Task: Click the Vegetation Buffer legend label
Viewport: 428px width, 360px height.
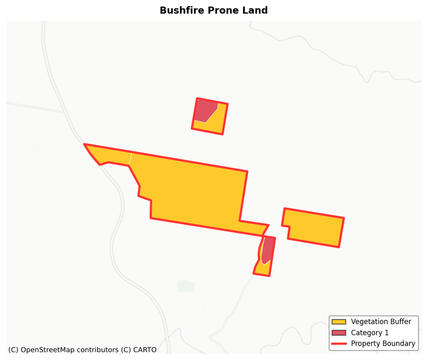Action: point(381,322)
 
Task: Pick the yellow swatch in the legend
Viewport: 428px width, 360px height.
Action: point(338,322)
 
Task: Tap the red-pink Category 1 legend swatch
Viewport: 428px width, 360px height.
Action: point(338,333)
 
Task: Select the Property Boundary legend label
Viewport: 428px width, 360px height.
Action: point(383,344)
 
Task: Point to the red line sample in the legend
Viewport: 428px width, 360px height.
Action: point(338,344)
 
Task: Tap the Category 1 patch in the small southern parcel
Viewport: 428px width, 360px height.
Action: point(267,250)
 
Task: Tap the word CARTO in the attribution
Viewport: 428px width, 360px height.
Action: point(145,350)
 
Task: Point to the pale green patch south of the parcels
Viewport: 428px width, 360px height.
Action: point(186,286)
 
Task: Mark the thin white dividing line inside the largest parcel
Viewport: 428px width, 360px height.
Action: point(130,159)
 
